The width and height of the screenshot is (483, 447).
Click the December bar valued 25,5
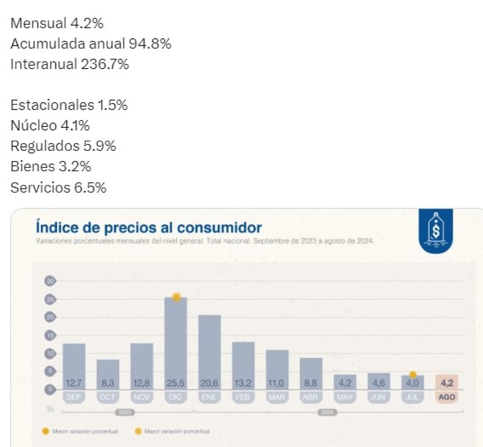tap(176, 341)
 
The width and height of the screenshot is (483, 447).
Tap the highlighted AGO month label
tap(446, 398)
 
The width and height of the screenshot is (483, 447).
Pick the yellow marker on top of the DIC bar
tap(176, 297)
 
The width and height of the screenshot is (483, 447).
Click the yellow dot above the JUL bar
tap(413, 375)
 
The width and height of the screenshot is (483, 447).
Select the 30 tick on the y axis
tap(51, 281)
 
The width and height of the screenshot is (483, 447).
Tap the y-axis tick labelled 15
tap(51, 336)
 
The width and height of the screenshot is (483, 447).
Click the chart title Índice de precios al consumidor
tap(148, 227)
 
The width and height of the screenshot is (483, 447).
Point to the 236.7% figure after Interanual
tap(105, 64)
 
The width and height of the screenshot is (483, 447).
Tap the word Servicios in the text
tap(40, 187)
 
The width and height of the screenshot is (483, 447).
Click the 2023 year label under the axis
tap(125, 412)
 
